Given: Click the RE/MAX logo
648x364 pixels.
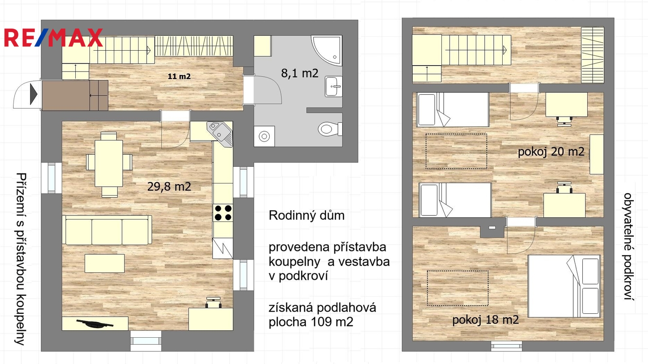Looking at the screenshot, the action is click(53, 38).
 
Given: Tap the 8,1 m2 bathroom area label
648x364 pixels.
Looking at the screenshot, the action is click(300, 73).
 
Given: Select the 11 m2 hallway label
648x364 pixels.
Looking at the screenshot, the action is click(179, 77).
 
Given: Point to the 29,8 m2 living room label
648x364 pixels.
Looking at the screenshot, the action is click(169, 187).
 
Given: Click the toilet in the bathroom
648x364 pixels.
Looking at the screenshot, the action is click(330, 129).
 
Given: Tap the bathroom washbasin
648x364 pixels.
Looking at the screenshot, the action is click(334, 86).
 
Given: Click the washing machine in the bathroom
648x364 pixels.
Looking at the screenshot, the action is click(264, 136).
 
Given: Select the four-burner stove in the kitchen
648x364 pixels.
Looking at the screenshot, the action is click(223, 213).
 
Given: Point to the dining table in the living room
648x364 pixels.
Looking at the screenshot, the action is click(109, 164).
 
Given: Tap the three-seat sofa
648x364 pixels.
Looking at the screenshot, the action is click(107, 230).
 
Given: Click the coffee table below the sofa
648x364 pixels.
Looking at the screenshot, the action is click(104, 264).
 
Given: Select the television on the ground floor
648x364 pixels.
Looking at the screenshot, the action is click(95, 324).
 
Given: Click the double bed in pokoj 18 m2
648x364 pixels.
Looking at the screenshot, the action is click(564, 286).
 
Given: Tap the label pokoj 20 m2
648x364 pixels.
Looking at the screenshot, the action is click(551, 152).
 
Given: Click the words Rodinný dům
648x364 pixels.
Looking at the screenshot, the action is click(307, 215).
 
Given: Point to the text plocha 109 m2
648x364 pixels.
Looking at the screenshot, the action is click(311, 321).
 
